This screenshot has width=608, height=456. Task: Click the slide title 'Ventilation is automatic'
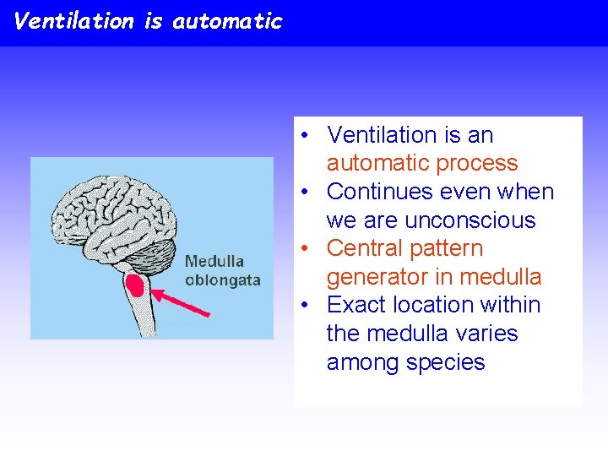pyautogui.click(x=149, y=21)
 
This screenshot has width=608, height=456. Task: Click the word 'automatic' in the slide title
pyautogui.click(x=227, y=21)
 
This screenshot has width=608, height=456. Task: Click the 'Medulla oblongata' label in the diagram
pyautogui.click(x=222, y=270)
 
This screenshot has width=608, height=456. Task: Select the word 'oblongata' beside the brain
pyautogui.click(x=222, y=280)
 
